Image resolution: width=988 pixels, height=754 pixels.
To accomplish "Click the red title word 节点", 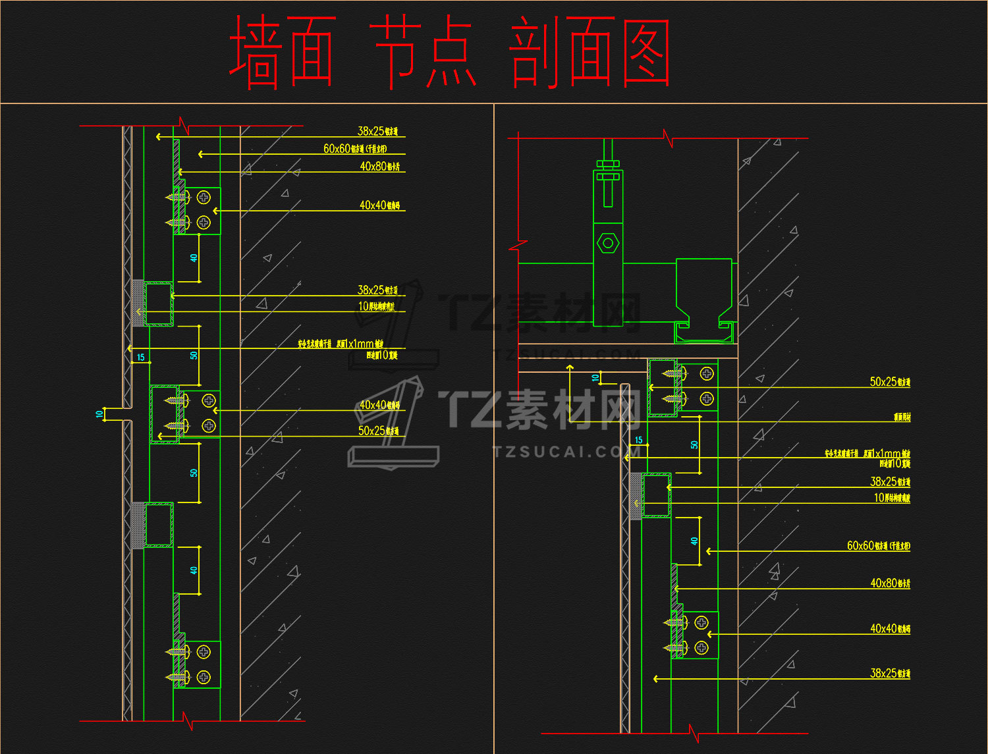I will [424, 53].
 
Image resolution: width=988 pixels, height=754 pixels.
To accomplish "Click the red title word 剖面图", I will [590, 53].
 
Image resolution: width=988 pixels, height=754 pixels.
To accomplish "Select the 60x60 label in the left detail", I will [354, 149].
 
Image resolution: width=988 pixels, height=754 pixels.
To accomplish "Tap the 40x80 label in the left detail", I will [379, 167].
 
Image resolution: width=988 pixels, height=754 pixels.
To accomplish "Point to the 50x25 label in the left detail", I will [378, 431].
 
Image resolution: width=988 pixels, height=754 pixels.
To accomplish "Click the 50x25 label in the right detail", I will [890, 382].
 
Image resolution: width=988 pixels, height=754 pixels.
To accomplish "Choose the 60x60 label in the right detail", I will [878, 546].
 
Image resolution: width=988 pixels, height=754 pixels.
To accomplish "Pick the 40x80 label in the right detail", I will [890, 583].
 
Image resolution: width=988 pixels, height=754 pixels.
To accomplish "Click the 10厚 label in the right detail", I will [892, 498].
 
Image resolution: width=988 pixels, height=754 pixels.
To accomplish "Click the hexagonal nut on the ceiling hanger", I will [607, 244].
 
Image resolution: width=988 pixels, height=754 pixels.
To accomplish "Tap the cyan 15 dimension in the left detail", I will [140, 358].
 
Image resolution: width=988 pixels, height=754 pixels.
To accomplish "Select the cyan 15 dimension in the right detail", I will [638, 440].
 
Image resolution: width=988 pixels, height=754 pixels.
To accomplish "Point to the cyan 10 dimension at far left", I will [99, 414].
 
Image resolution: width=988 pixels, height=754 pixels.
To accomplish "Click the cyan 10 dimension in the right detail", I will [595, 378].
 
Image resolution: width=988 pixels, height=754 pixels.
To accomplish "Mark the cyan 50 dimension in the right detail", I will [694, 444].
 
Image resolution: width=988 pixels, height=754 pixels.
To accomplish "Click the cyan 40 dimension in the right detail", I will [694, 541].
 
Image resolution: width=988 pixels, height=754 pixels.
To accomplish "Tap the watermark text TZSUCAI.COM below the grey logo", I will [563, 452].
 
